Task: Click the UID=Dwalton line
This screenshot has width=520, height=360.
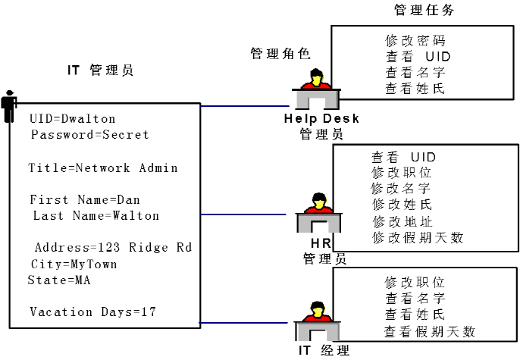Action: tap(73, 119)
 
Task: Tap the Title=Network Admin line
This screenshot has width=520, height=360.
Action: tap(103, 168)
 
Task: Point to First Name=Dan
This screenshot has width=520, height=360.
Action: tap(85, 200)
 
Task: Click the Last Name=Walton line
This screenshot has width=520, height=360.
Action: tap(96, 216)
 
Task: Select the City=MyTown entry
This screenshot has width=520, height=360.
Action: tap(74, 264)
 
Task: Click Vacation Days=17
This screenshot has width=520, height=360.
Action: tap(94, 312)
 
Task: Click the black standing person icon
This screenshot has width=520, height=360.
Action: tap(9, 106)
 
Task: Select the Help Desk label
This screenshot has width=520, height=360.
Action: tap(321, 118)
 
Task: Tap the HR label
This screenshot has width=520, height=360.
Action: tap(320, 243)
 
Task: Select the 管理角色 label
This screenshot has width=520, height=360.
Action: tap(280, 54)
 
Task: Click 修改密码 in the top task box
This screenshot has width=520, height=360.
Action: tap(414, 40)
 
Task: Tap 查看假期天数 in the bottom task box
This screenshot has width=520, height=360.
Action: tap(429, 330)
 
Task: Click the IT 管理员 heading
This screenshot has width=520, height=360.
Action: tap(101, 70)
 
